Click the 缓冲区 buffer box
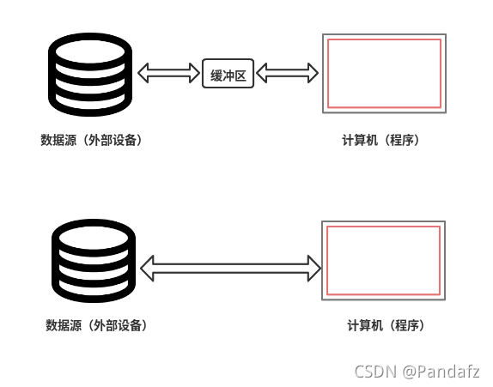coord(228,76)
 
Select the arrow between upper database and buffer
coord(168,75)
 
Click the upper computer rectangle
coord(383,73)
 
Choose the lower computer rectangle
coord(385,260)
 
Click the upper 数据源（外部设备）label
coord(91,140)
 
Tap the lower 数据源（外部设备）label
coord(96,325)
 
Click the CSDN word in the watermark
coord(374,372)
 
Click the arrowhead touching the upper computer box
coord(312,75)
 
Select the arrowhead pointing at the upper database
coord(144,75)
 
